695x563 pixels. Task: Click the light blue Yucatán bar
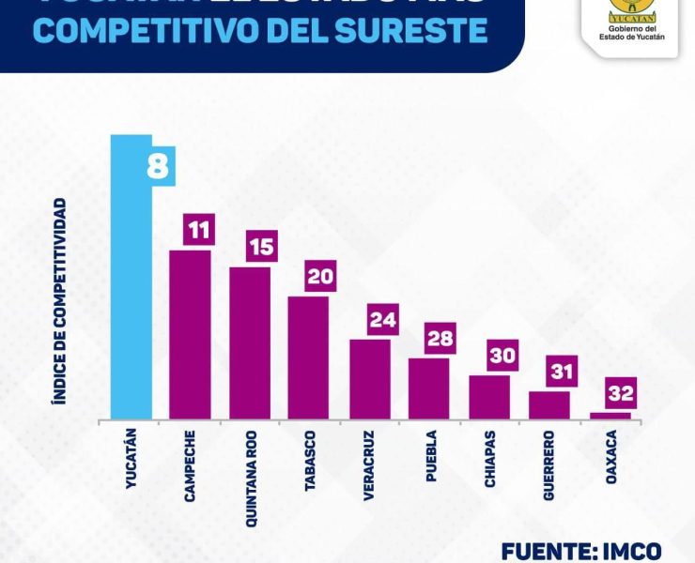click(x=131, y=281)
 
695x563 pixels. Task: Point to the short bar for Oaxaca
click(x=610, y=416)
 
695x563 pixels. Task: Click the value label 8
click(x=158, y=168)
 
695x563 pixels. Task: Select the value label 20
click(x=320, y=277)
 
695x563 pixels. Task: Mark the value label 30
click(x=502, y=358)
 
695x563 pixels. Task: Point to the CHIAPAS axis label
click(x=491, y=459)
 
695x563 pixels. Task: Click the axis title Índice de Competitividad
click(x=58, y=300)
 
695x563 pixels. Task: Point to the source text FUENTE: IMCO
click(x=581, y=551)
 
